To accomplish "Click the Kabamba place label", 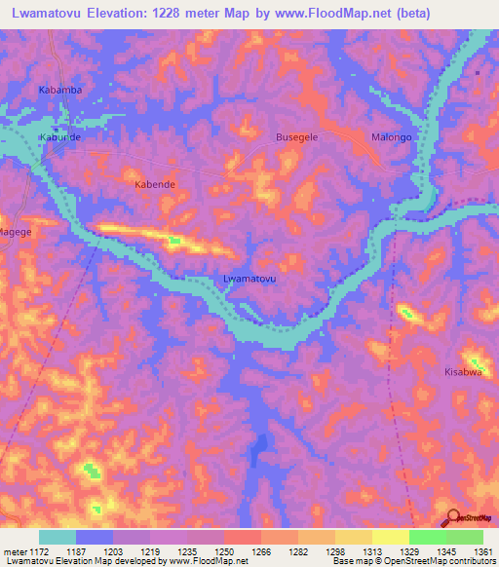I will pyautogui.click(x=59, y=91).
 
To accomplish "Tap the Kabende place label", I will pyautogui.click(x=153, y=183).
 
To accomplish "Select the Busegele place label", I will pyautogui.click(x=298, y=137).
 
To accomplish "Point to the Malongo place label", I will pyautogui.click(x=392, y=137).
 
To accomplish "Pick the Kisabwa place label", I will pyautogui.click(x=463, y=372).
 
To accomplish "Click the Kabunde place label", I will pyautogui.click(x=58, y=137).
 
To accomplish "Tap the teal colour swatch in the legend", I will pyautogui.click(x=58, y=537).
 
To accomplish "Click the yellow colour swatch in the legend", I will pyautogui.click(x=391, y=537).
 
